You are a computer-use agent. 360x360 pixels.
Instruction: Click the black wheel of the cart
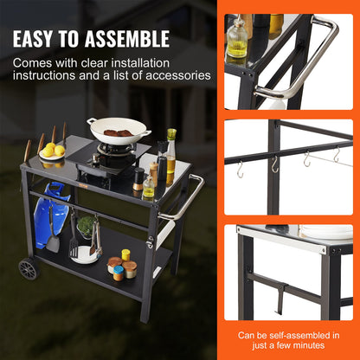tap(29, 267)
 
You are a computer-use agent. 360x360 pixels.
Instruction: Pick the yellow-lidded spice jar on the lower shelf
tap(125, 254)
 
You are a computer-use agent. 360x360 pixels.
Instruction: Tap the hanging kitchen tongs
tap(94, 237)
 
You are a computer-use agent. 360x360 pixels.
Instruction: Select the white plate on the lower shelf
tap(84, 254)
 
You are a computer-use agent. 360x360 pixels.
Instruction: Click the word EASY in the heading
tap(42, 39)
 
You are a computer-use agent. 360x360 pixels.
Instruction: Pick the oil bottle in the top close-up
tap(237, 39)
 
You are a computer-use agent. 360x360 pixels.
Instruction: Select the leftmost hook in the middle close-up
tap(241, 169)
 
